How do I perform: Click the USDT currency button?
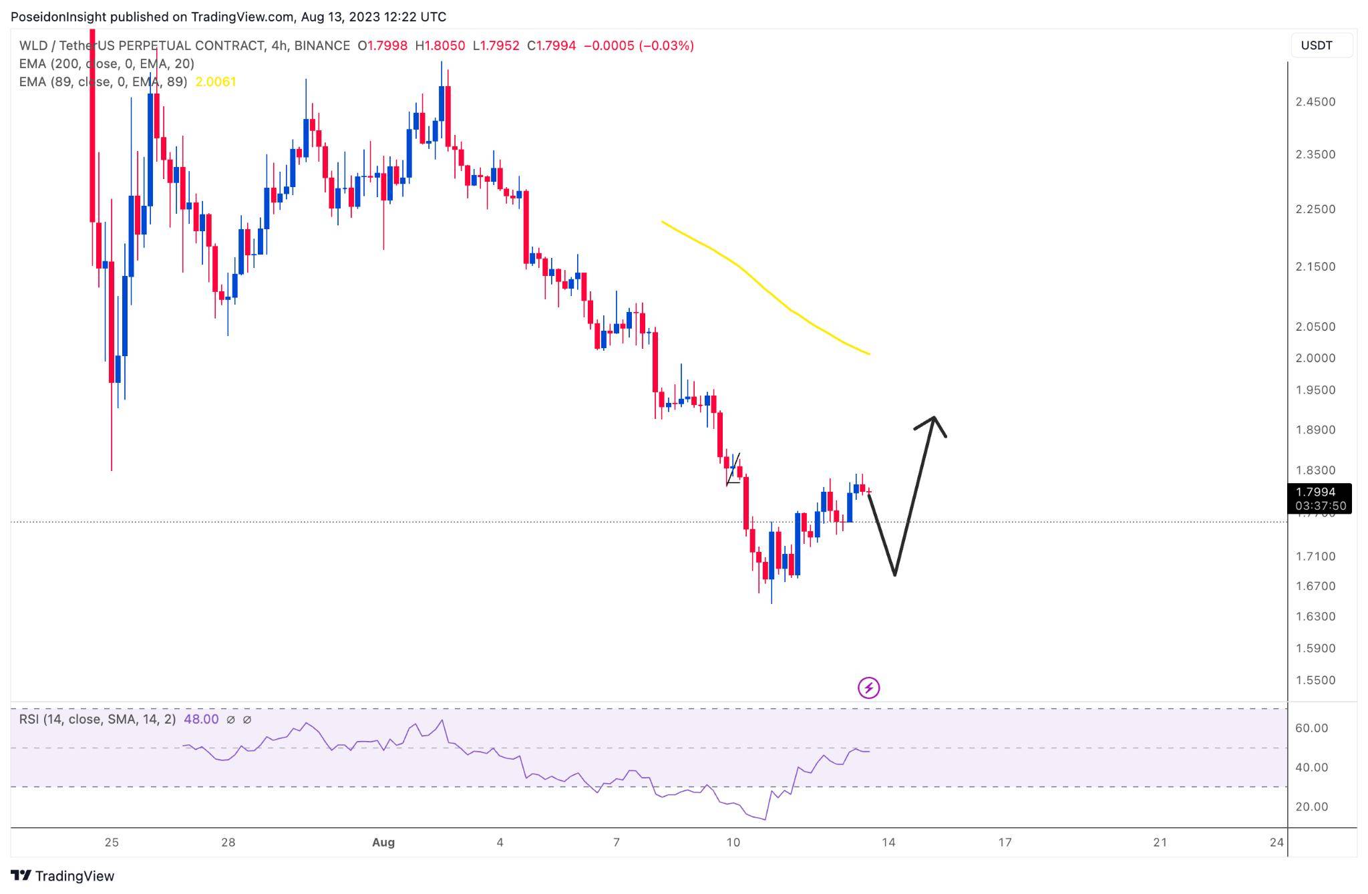click(1317, 45)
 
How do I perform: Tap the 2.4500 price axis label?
click(1315, 102)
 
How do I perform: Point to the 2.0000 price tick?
click(1315, 358)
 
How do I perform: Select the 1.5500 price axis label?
click(1315, 680)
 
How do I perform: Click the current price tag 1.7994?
click(1319, 492)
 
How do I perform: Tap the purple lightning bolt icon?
click(868, 688)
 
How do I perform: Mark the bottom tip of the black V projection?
click(894, 575)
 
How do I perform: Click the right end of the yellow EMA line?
click(869, 353)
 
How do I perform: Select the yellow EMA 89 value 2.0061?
click(215, 82)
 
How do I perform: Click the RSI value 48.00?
click(201, 719)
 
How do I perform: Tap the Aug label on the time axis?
click(383, 842)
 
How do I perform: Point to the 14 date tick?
click(888, 842)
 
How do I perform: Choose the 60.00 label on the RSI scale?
click(1311, 728)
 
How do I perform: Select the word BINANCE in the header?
click(322, 45)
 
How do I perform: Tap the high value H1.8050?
click(440, 45)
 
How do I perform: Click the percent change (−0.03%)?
click(666, 45)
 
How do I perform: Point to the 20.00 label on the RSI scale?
click(1311, 806)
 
